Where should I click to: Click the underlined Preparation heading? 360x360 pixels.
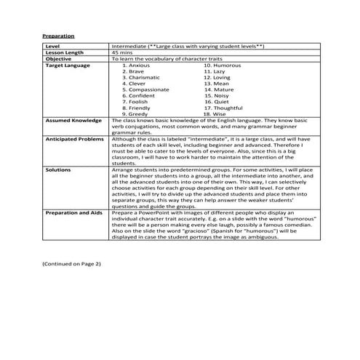[x=58, y=34]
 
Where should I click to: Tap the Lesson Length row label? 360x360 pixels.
[x=64, y=52]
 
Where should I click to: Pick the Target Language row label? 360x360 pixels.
[x=68, y=65]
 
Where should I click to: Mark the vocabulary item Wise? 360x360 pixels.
[x=217, y=113]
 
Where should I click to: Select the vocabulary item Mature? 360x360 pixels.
[x=220, y=89]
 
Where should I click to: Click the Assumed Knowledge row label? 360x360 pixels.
[x=71, y=120]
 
